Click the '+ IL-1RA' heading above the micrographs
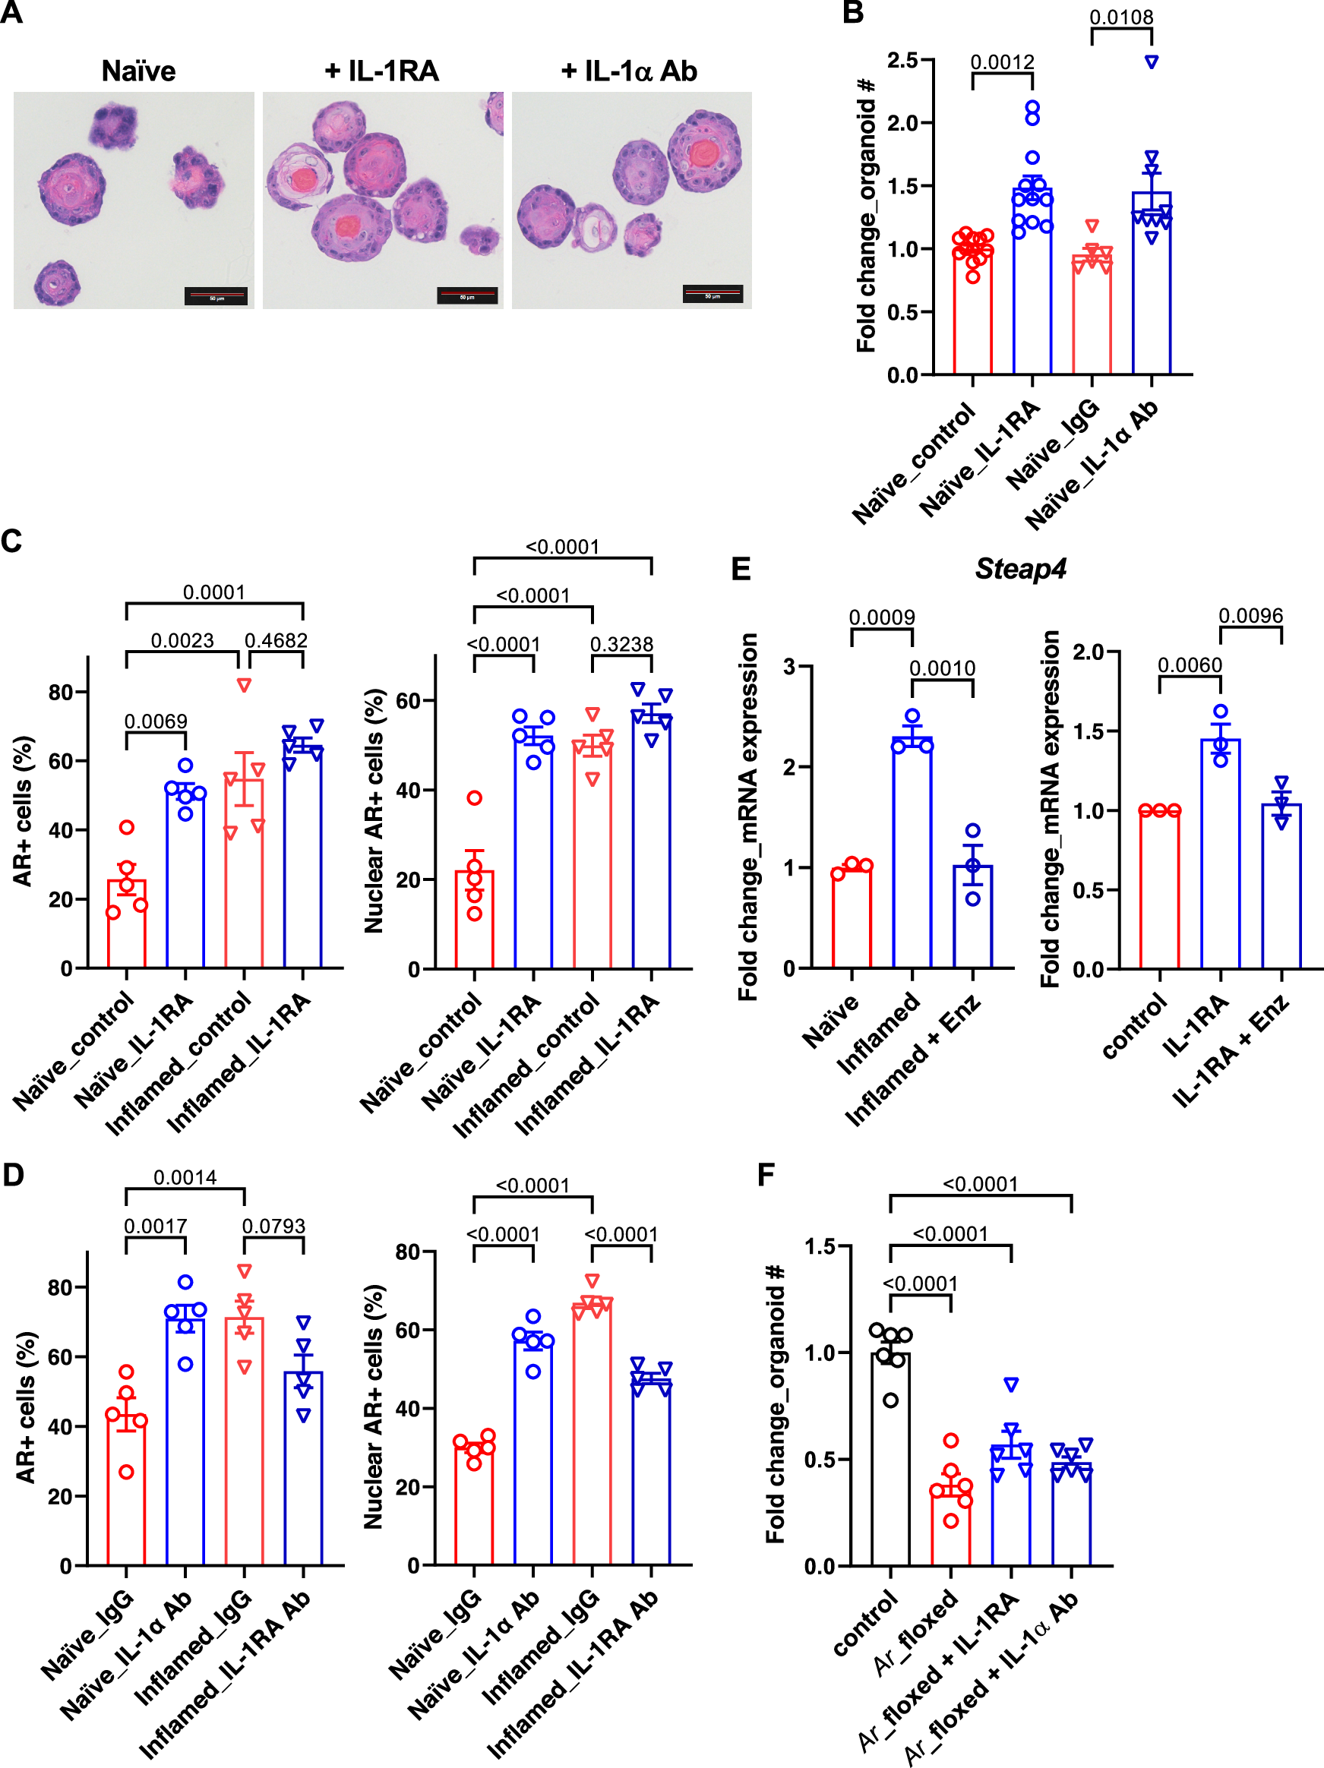(x=382, y=72)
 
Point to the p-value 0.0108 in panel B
(x=1121, y=17)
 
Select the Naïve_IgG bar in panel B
(x=1092, y=316)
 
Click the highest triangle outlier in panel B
(x=1152, y=62)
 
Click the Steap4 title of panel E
(x=1020, y=569)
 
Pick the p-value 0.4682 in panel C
(x=276, y=640)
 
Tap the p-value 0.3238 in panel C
(x=621, y=644)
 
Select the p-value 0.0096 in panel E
(x=1250, y=616)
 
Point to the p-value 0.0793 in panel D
(x=273, y=1226)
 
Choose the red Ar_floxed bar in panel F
(x=950, y=1526)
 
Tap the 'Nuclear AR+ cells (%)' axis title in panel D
(x=374, y=1407)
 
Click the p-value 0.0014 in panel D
(x=185, y=1177)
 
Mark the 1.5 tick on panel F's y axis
(x=820, y=1247)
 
